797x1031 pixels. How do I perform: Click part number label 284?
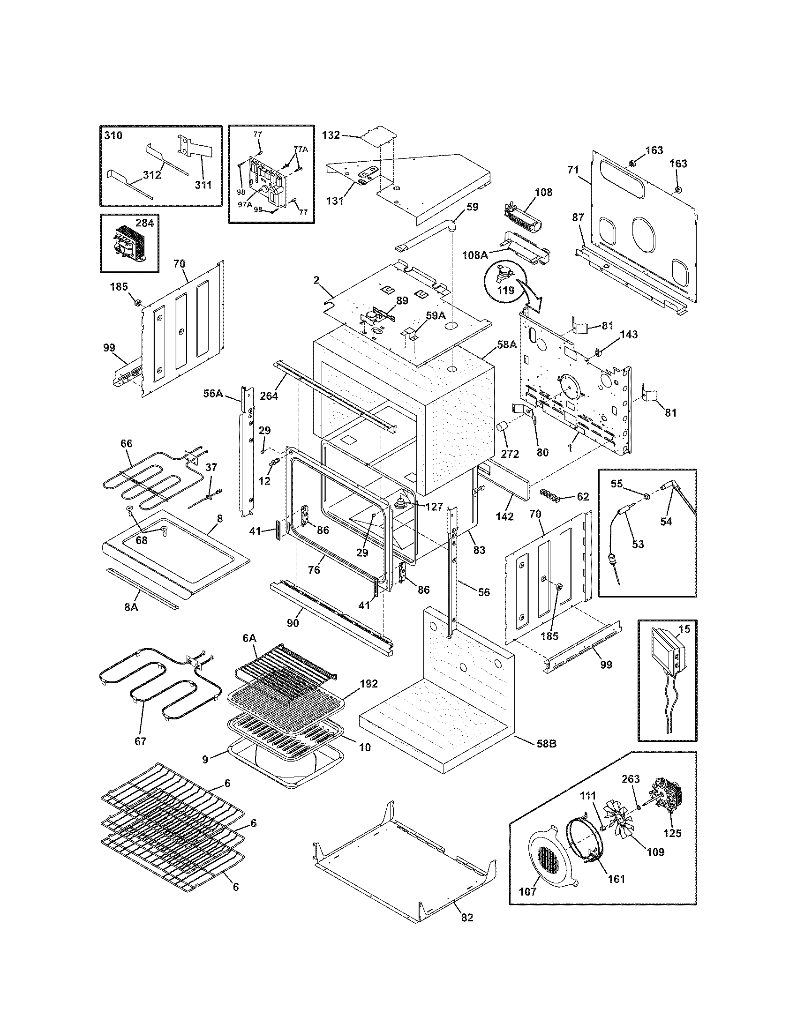tap(144, 223)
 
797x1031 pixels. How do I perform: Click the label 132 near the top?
tap(331, 135)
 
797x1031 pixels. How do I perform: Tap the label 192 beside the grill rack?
tap(369, 684)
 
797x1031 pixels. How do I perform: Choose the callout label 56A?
tap(213, 393)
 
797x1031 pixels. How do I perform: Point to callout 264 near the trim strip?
tap(269, 396)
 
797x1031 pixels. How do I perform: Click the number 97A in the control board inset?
tap(244, 204)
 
